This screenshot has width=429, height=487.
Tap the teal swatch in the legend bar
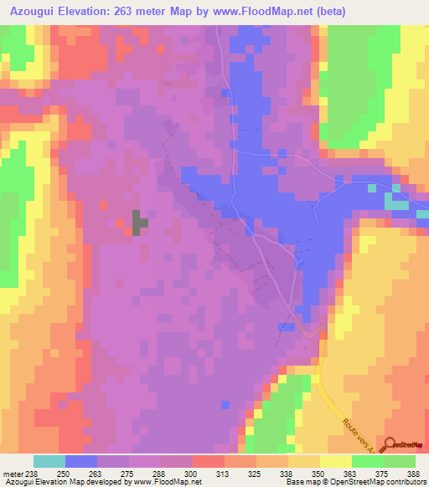coord(49,461)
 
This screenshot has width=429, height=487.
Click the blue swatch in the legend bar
coord(80,461)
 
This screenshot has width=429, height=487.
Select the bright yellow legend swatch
coord(335,461)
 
